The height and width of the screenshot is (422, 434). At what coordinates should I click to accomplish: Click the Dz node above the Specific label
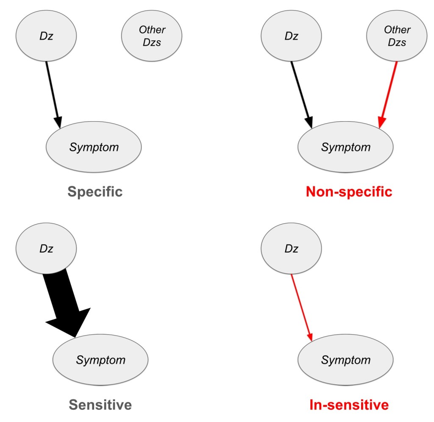46,36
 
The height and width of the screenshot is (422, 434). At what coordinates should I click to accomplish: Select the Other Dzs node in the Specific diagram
152,36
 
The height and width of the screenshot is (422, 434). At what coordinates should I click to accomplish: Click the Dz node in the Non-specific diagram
291,36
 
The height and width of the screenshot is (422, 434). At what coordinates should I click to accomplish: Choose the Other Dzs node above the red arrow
397,36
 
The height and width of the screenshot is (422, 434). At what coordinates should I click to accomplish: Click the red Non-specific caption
348,192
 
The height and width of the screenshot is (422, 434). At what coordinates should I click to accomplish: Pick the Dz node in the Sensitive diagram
46,248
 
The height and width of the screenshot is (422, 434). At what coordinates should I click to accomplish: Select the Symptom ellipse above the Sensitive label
100,360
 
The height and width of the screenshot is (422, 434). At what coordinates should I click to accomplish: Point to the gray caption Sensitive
100,405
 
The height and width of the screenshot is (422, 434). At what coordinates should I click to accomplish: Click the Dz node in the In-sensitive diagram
291,248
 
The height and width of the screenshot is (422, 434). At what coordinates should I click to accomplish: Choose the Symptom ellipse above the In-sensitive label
345,360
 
